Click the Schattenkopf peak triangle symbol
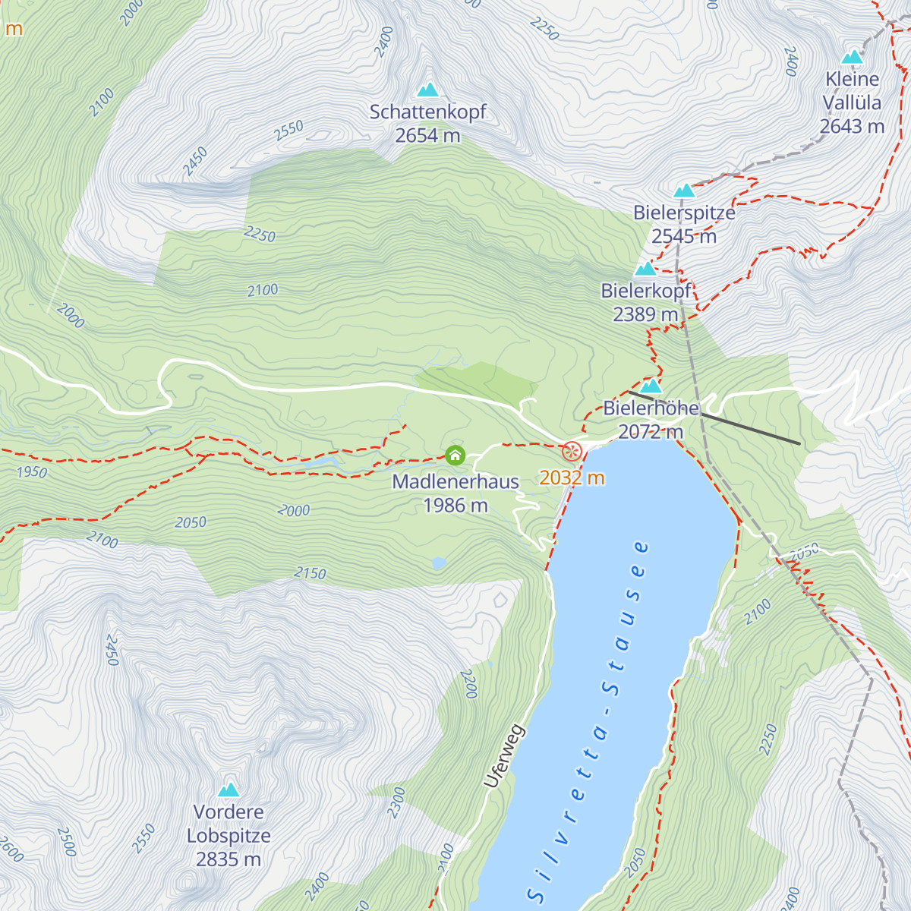(x=428, y=90)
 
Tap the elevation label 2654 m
(x=427, y=136)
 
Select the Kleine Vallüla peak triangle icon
(x=852, y=58)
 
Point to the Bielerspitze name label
(x=684, y=213)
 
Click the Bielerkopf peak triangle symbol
(x=645, y=269)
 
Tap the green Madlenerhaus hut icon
(x=455, y=455)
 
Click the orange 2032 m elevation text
(x=572, y=478)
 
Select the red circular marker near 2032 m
(x=572, y=452)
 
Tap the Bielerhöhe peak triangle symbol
(x=651, y=386)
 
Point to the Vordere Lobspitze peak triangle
(x=229, y=790)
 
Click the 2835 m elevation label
(x=228, y=859)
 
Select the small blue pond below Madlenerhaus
(x=439, y=563)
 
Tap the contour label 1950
(x=32, y=472)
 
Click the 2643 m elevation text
(x=852, y=127)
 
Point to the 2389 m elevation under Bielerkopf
(x=645, y=314)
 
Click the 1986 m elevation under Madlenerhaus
(x=455, y=506)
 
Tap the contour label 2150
(x=310, y=573)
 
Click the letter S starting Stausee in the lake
(x=610, y=689)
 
